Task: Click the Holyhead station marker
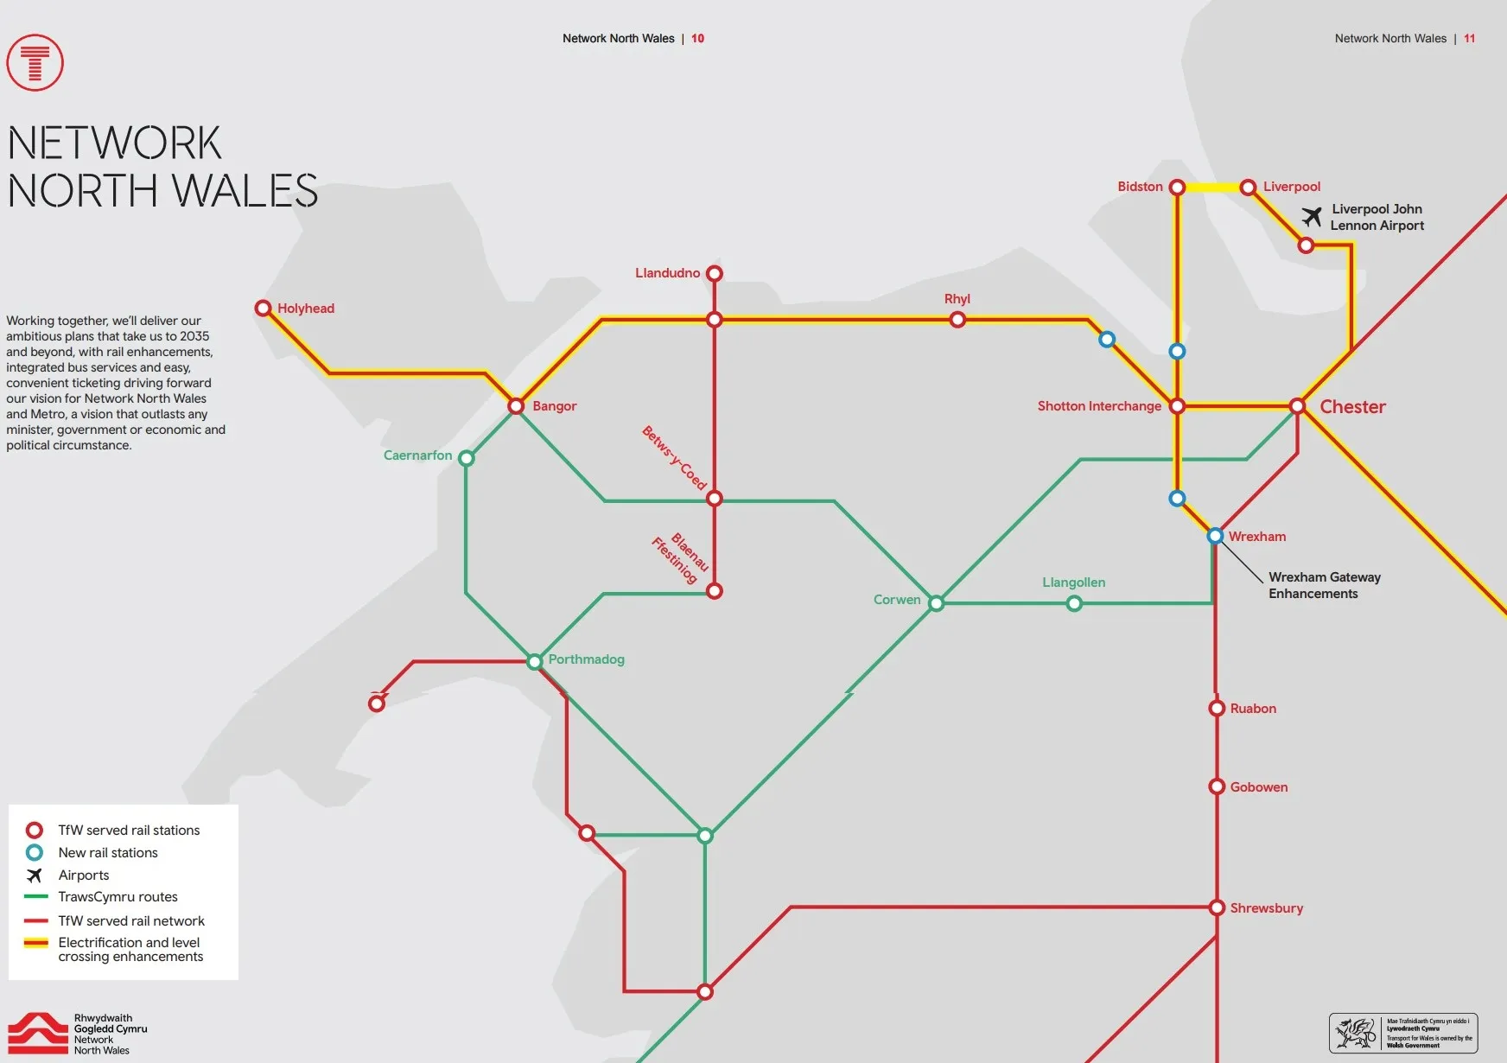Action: (x=264, y=308)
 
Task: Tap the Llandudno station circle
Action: (x=715, y=273)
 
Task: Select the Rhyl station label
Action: (x=957, y=299)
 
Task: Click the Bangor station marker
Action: (x=516, y=405)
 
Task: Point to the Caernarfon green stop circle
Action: (x=467, y=458)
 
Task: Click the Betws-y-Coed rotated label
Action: (x=674, y=458)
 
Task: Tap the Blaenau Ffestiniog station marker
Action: (x=715, y=591)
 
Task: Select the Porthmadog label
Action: (x=586, y=659)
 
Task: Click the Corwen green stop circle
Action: (x=936, y=603)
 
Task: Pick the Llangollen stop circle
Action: (x=1074, y=603)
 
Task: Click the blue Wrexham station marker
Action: (x=1215, y=536)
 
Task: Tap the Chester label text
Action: (x=1352, y=407)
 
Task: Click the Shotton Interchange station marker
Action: (x=1177, y=405)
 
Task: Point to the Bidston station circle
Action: (x=1177, y=187)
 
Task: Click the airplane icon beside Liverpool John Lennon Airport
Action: (x=1312, y=216)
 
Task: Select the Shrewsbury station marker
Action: (x=1217, y=907)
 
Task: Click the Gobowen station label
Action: (x=1258, y=787)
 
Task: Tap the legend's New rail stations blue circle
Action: (x=35, y=852)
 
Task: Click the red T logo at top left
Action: (x=35, y=62)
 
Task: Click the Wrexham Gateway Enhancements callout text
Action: (x=1324, y=585)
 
